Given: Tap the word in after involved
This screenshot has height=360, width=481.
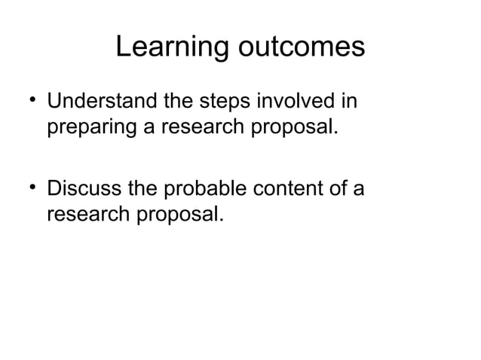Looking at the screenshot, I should click(x=348, y=100).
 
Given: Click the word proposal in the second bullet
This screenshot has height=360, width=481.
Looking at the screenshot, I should click(x=181, y=214).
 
